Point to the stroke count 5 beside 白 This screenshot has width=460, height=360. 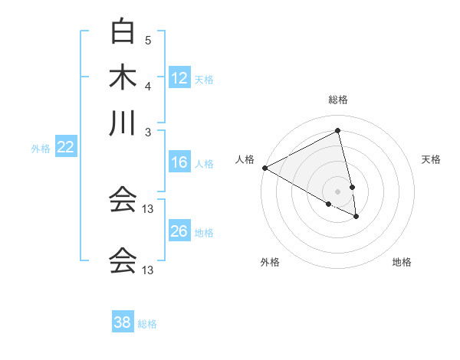point(148,40)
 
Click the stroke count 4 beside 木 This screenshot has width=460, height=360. point(148,86)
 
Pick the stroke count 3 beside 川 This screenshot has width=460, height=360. point(148,132)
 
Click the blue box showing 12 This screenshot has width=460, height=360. point(179,78)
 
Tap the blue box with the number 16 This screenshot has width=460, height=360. point(179,162)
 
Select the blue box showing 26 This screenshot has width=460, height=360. point(179,231)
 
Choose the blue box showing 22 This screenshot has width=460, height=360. point(65,148)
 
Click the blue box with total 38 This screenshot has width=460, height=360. point(122,322)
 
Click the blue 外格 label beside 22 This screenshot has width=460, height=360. point(41,149)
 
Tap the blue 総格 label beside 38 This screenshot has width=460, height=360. point(147,324)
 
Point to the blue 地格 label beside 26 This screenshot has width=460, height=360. point(204,232)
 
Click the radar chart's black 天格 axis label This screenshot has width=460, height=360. point(431,159)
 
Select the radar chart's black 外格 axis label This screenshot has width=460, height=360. point(270,262)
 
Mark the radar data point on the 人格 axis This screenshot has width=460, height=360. point(264,168)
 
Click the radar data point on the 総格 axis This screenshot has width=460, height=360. point(338,131)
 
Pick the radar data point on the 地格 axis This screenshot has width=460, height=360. point(356,217)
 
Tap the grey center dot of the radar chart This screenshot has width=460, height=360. point(338,191)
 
